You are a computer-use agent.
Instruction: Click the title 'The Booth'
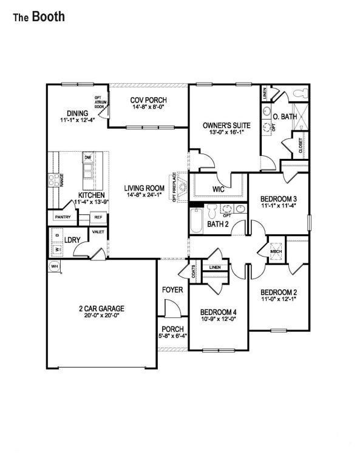[38, 17]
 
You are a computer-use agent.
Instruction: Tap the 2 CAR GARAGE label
[101, 309]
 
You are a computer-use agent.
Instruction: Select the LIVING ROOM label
[145, 188]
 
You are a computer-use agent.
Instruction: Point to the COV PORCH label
[149, 100]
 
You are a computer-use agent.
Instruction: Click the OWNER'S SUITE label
[223, 125]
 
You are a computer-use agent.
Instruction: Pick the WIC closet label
[219, 189]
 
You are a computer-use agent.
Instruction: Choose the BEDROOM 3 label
[279, 199]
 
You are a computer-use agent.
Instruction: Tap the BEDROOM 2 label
[279, 292]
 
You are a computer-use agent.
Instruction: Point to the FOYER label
[172, 290]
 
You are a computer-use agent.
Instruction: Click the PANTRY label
[63, 217]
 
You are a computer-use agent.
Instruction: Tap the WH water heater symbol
[53, 266]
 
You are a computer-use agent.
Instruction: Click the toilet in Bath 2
[212, 212]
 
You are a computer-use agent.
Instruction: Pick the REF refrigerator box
[98, 217]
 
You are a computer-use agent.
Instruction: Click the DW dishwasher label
[88, 158]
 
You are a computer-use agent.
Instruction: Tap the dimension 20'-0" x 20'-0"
[101, 316]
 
